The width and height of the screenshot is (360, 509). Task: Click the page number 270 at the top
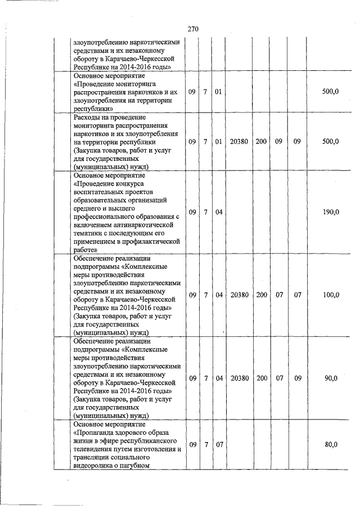click(192, 29)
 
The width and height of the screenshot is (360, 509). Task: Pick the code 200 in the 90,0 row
click(262, 379)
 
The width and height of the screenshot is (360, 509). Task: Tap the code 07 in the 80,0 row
click(219, 445)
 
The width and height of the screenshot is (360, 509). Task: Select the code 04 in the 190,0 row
click(219, 212)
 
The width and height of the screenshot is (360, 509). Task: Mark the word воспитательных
click(100, 191)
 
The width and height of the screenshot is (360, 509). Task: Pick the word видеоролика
click(93, 465)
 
